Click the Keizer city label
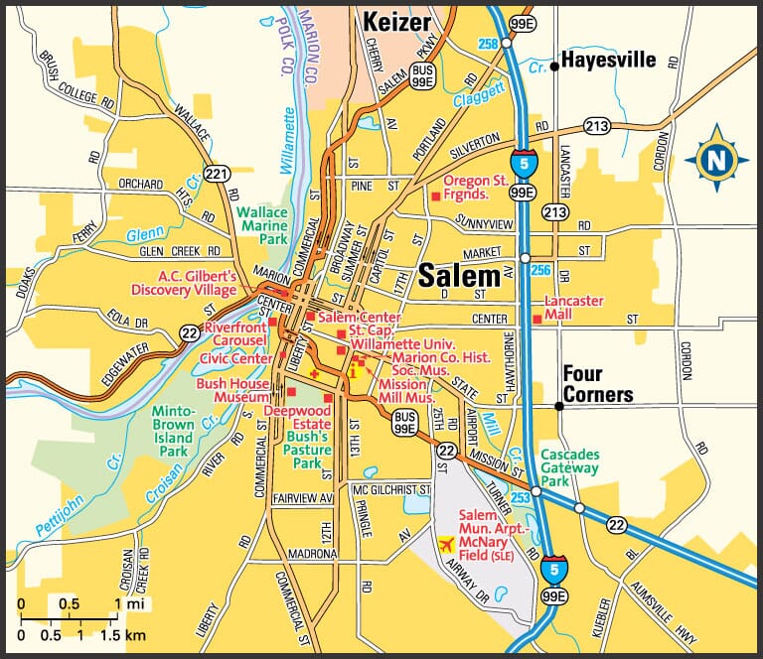395,21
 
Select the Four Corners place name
597,385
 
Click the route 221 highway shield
216,174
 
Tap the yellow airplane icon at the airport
445,545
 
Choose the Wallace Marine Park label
262,226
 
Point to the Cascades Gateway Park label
570,466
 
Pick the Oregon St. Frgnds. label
475,188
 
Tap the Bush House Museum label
233,391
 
